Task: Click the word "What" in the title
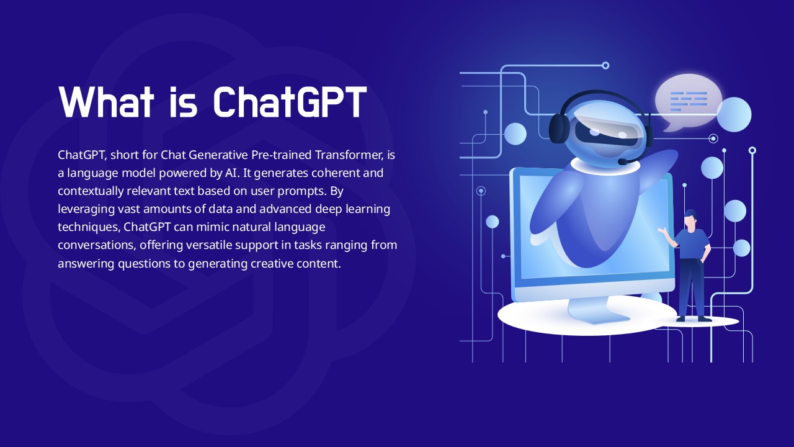pos(106,101)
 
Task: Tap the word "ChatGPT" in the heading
pos(289,101)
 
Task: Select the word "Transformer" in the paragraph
pos(349,155)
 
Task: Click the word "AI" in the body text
pos(230,173)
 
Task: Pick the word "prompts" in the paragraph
pos(301,192)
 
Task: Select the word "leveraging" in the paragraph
pos(86,210)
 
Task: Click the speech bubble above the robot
pos(689,101)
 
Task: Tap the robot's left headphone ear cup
pos(559,128)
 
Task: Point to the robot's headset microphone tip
pos(622,162)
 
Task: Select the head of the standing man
pos(690,220)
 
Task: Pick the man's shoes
pos(694,319)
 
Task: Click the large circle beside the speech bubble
pos(734,115)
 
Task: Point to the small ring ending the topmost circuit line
pos(605,66)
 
